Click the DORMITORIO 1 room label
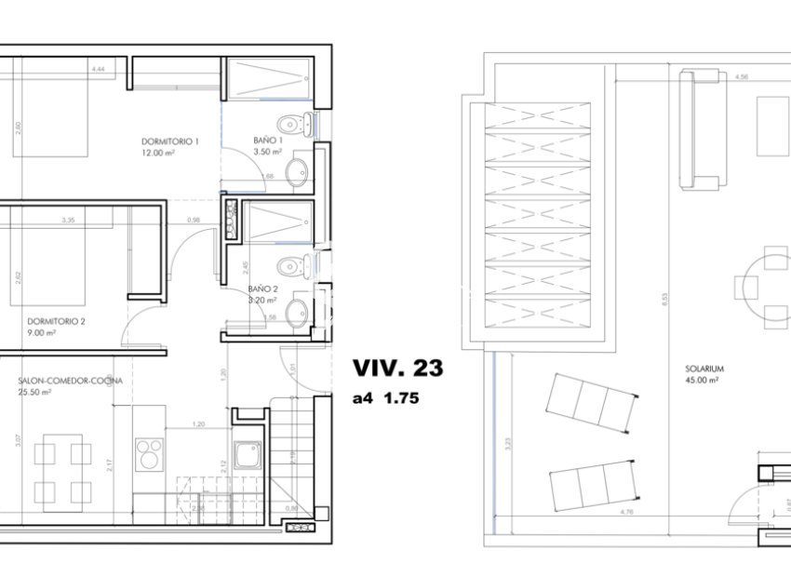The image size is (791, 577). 170,141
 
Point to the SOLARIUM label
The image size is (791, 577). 702,369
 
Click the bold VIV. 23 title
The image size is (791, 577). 397,369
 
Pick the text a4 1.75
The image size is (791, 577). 385,399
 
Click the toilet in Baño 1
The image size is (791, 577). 294,123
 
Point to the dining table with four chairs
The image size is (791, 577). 62,471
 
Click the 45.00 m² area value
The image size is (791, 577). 702,381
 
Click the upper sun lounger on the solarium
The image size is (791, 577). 593,402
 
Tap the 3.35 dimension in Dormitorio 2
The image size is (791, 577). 68,220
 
